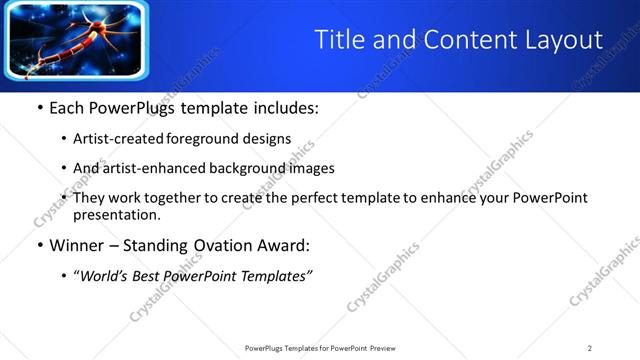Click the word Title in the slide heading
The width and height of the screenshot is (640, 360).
(x=336, y=40)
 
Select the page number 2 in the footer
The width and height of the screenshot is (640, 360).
(x=589, y=348)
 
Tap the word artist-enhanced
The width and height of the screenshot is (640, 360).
(x=153, y=168)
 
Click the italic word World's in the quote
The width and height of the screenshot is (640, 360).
(x=105, y=276)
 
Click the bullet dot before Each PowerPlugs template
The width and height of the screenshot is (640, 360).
(x=39, y=108)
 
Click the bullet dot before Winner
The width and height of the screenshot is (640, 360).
(x=39, y=245)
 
